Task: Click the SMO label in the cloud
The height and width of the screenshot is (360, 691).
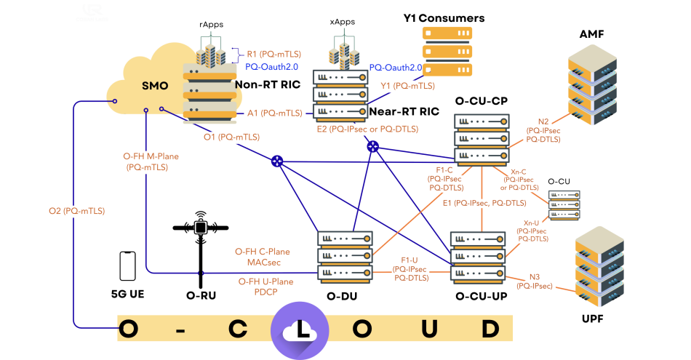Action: point(154,85)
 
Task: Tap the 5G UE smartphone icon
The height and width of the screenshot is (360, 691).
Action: point(128,266)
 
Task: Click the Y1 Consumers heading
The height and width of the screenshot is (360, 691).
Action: point(444,17)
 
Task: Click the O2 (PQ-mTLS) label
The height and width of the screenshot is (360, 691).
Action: point(76,211)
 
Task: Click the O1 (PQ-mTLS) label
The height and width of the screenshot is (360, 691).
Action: point(231,136)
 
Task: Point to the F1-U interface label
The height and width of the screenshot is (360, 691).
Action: point(409,268)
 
